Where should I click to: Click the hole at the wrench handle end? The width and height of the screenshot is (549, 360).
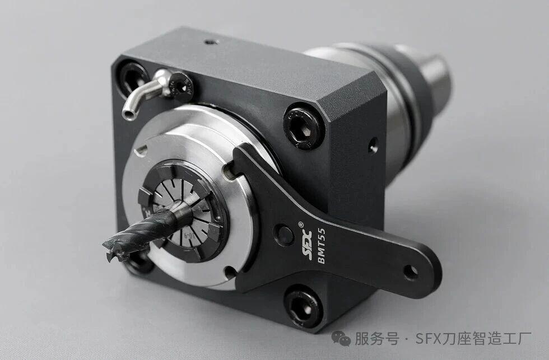point(410,272)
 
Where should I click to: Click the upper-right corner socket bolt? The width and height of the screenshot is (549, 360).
point(303,127)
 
